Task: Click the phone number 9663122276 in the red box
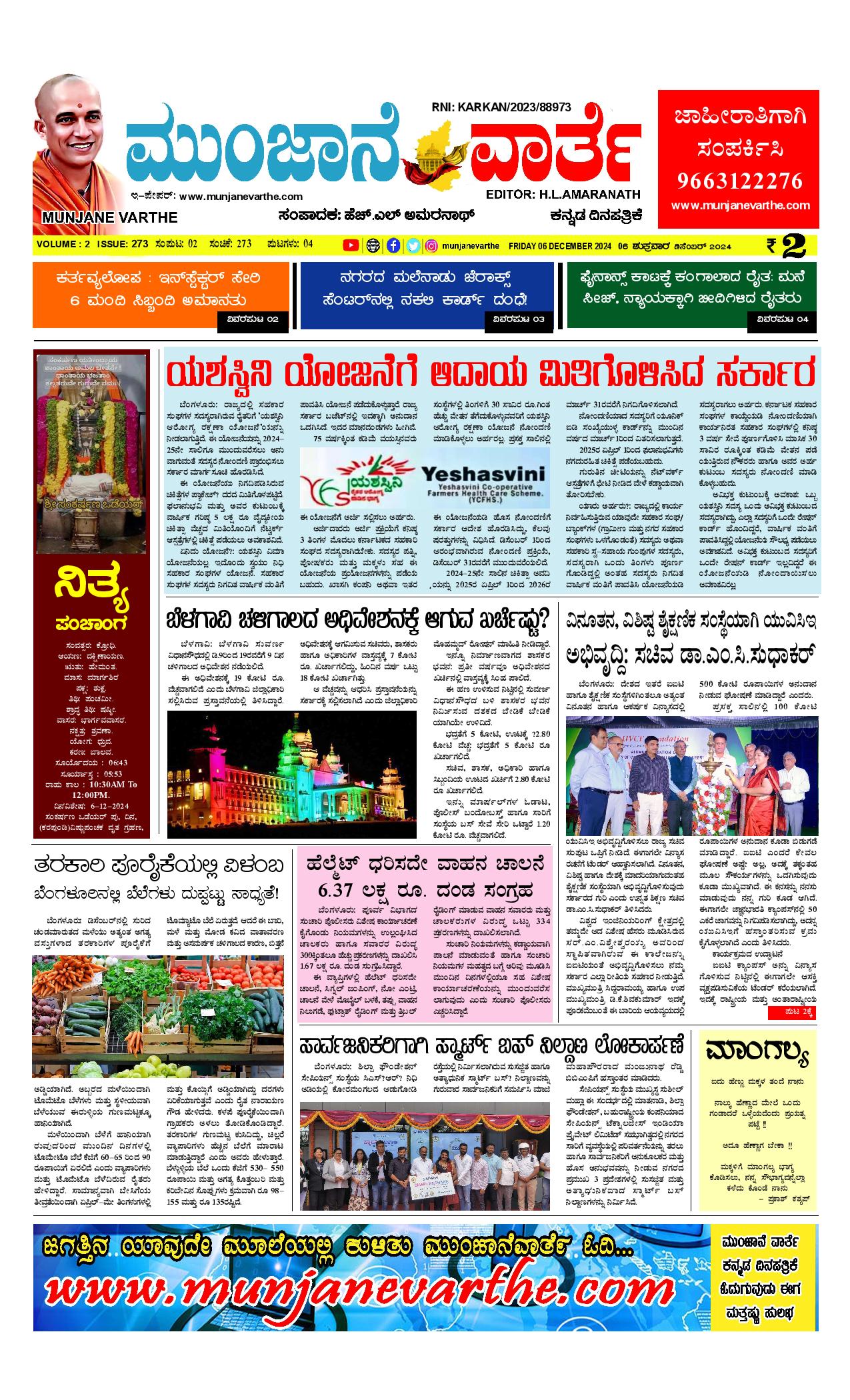(740, 181)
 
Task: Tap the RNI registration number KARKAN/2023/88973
(501, 107)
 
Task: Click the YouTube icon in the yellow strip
(350, 245)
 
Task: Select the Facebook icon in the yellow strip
(393, 245)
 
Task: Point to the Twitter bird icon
(413, 245)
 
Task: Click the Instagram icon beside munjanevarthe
(432, 245)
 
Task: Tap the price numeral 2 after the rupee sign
(794, 245)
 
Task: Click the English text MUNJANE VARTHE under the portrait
(109, 217)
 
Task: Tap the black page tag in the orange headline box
(253, 319)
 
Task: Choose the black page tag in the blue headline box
(519, 319)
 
